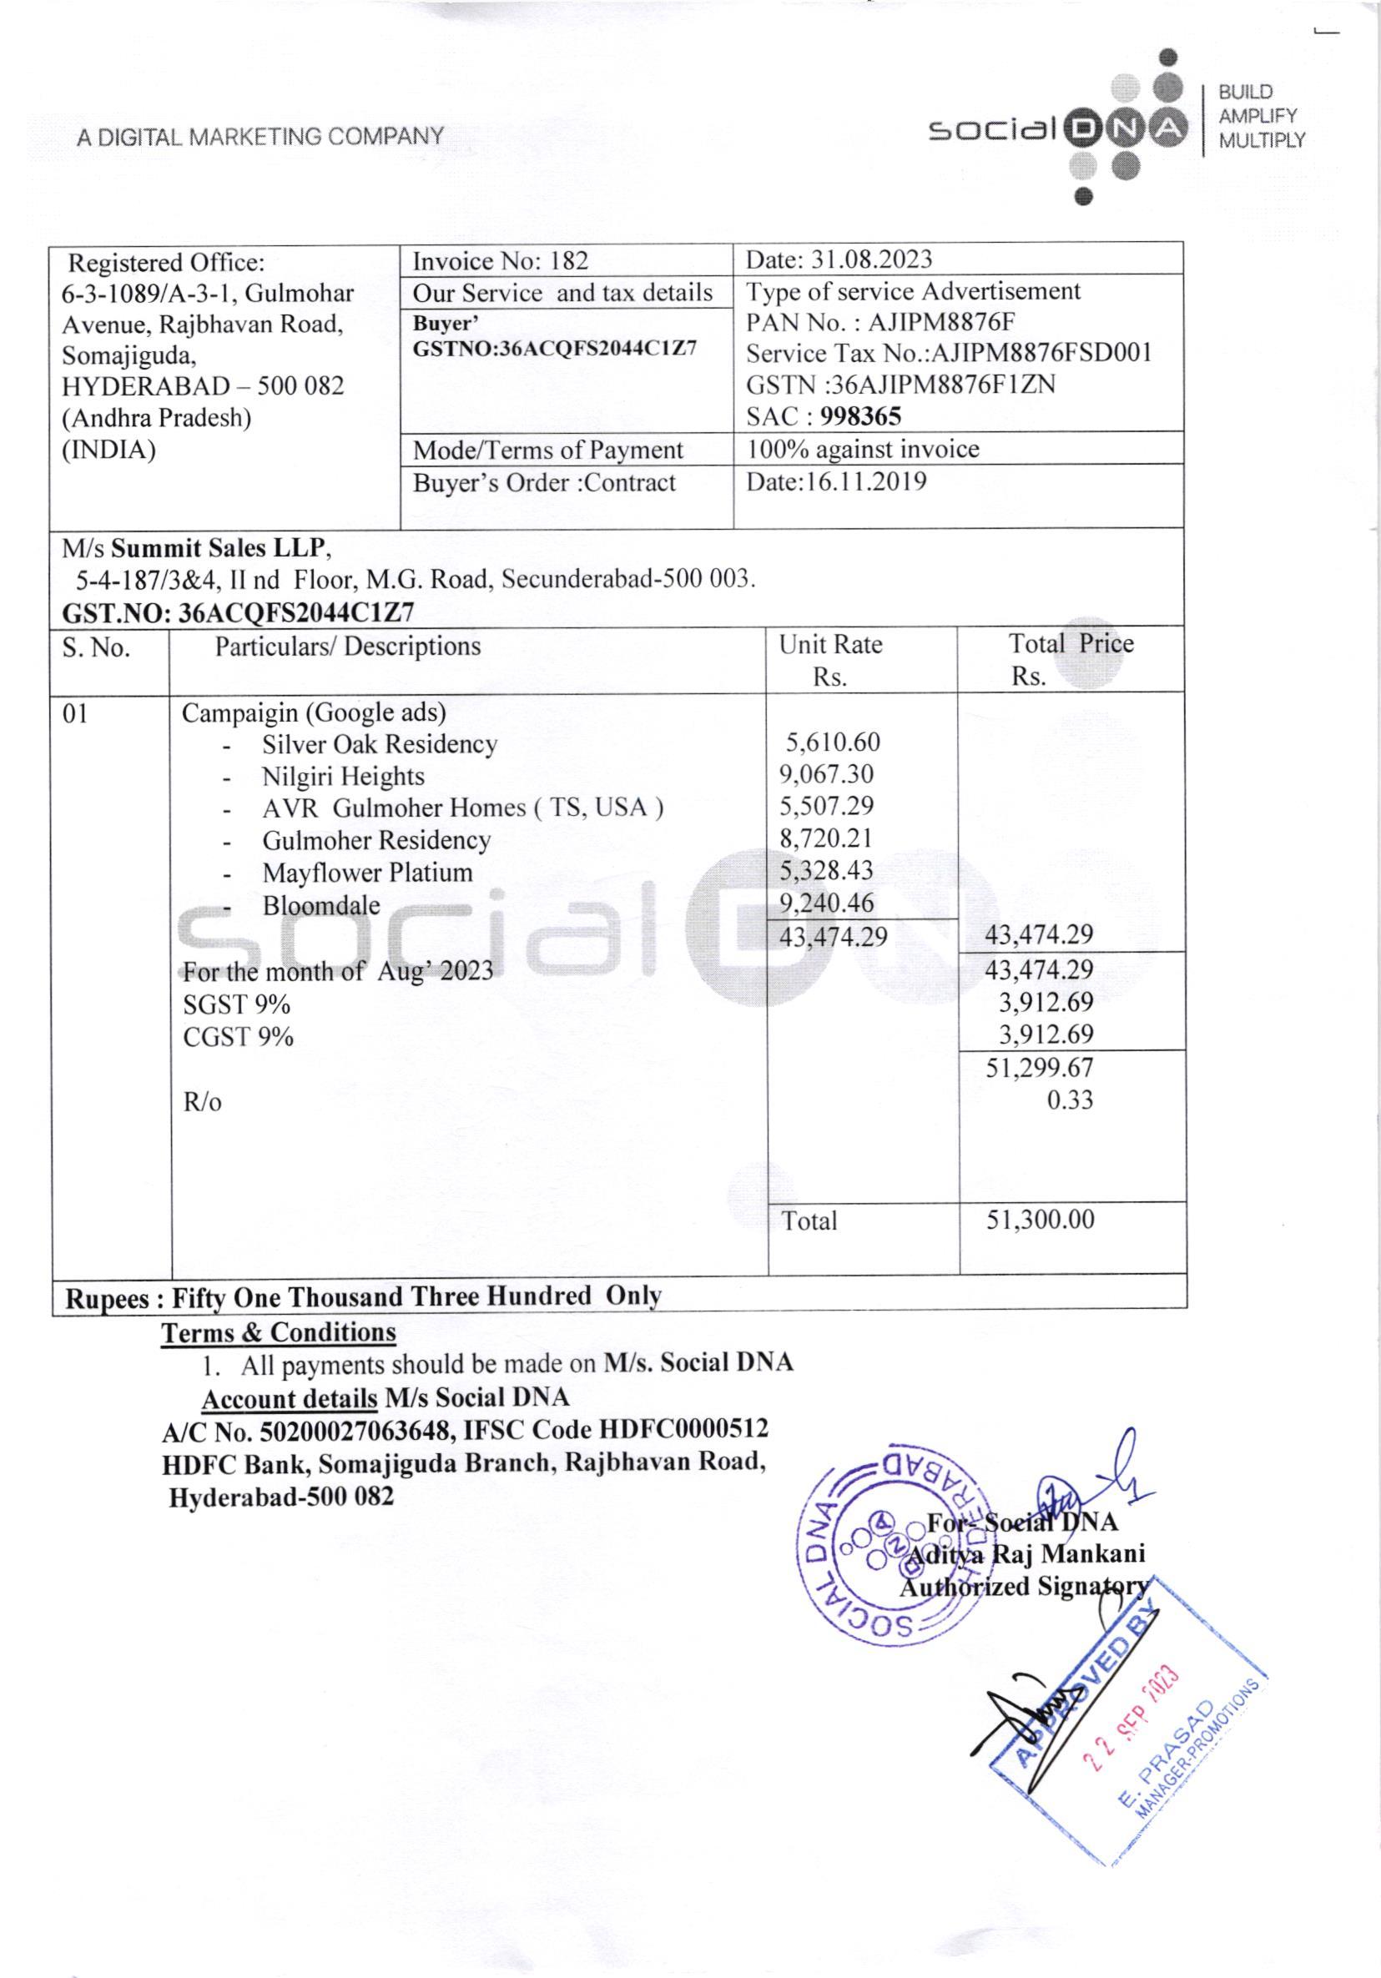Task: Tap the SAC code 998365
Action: [860, 417]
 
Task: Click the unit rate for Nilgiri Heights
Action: [825, 773]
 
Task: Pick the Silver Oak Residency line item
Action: [379, 743]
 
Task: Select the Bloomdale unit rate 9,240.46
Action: [825, 903]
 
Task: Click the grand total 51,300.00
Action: [1039, 1219]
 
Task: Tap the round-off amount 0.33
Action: [1069, 1100]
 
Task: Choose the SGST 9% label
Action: [236, 1004]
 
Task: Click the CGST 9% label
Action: [238, 1036]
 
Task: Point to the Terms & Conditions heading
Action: [278, 1333]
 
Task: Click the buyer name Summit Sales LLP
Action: [219, 548]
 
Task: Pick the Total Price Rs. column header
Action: [1070, 659]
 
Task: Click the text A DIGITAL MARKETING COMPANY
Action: [260, 136]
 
